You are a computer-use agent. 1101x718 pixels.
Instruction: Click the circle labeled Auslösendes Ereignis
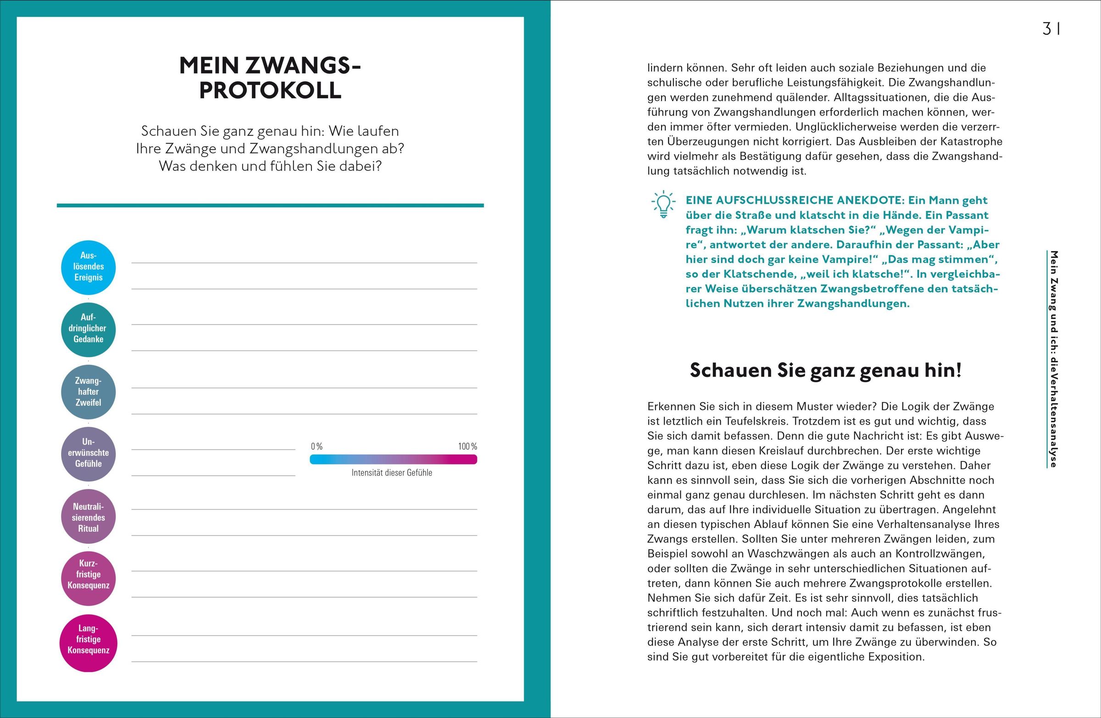[x=89, y=267]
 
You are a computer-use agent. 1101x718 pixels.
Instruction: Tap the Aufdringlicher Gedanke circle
[x=89, y=329]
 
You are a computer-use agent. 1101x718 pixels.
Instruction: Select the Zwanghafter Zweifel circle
[x=89, y=392]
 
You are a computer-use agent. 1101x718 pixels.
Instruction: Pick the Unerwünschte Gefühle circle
[x=89, y=454]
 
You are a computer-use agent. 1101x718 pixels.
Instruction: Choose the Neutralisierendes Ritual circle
[x=89, y=516]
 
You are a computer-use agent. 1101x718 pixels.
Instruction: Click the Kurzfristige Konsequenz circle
[x=89, y=578]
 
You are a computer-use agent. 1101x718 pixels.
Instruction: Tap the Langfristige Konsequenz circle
[x=89, y=643]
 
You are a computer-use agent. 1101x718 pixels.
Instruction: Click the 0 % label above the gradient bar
[x=317, y=446]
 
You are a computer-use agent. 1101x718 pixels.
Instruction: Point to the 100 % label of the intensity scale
[x=467, y=446]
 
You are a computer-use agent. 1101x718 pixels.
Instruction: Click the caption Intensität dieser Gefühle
[x=391, y=473]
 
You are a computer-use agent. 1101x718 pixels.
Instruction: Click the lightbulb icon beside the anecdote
[x=663, y=204]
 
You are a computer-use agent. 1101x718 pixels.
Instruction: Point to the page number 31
[x=1051, y=29]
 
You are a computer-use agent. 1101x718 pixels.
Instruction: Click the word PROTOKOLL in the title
[x=270, y=90]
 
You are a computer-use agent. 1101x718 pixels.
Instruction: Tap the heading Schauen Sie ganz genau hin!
[x=825, y=370]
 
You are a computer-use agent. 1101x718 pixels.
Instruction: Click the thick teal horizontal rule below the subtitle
[x=270, y=205]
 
